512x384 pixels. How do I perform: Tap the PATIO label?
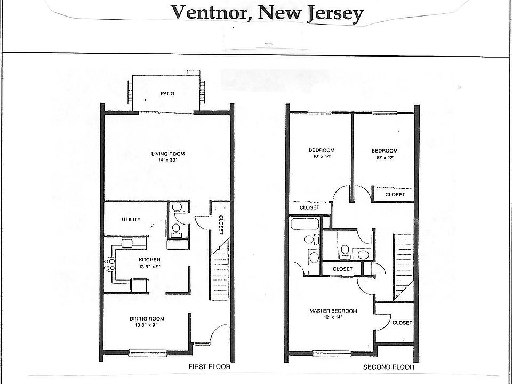(x=167, y=93)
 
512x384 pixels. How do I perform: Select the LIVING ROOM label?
(x=167, y=154)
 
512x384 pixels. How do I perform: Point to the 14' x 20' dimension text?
(x=167, y=160)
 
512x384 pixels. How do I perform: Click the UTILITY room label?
(x=131, y=219)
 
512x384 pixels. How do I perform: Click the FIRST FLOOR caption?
(x=210, y=367)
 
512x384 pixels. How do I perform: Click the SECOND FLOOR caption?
(x=388, y=367)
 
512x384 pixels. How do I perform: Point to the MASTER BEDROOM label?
(x=333, y=311)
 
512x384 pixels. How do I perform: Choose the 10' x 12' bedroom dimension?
(x=384, y=157)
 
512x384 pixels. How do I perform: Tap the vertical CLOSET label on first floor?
(x=221, y=225)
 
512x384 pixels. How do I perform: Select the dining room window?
(x=149, y=352)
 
